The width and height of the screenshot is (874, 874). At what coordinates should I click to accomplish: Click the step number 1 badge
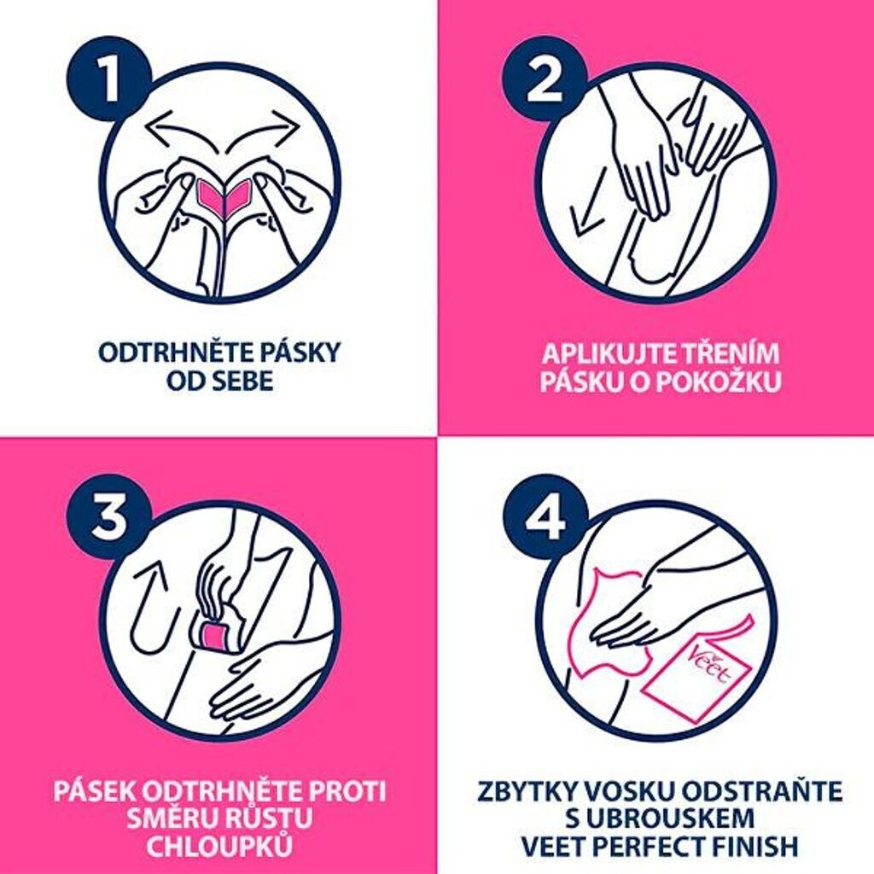pos(109,79)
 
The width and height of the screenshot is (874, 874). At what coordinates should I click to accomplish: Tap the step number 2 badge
pos(545,79)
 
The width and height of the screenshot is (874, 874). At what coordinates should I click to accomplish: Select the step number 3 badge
pos(109,516)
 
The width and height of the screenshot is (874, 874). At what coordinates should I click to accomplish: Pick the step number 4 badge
pos(545,516)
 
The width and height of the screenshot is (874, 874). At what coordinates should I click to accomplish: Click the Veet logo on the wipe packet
pos(714,666)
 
